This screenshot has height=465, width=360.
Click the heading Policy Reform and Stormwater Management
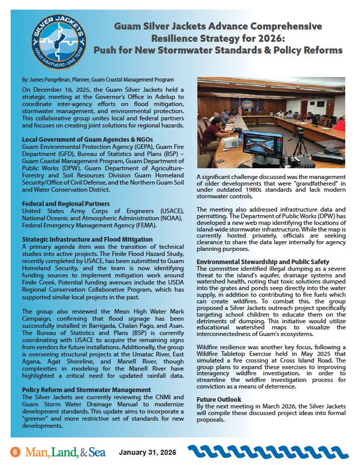point(86,390)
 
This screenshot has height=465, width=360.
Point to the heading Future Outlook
point(219,399)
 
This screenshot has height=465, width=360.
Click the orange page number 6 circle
point(16,452)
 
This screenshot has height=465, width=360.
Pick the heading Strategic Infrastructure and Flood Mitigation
point(87,239)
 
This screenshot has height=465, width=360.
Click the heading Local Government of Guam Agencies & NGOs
point(88,139)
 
